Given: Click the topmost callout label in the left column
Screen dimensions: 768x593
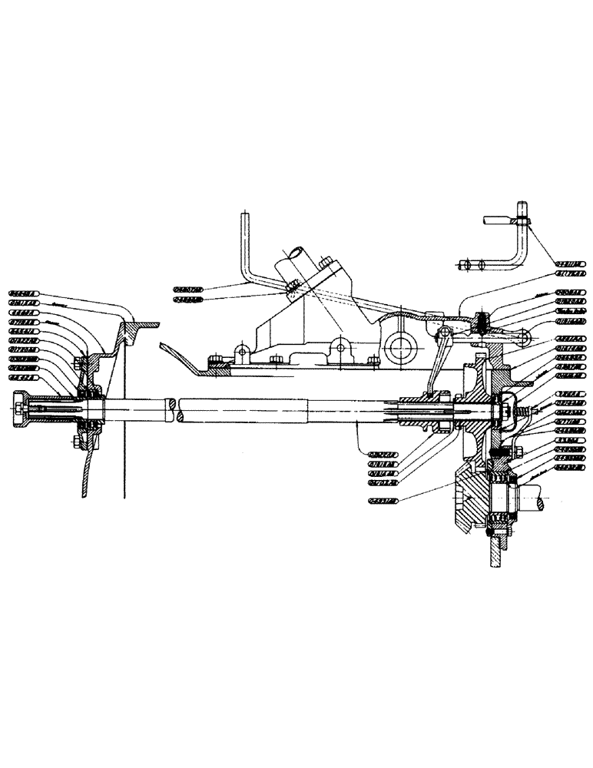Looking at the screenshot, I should (x=24, y=293).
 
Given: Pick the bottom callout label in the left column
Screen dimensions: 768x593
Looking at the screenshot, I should (x=24, y=377).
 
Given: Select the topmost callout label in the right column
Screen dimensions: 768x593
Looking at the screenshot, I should (x=569, y=262).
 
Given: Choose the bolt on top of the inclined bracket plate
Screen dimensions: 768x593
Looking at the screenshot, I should (x=326, y=262).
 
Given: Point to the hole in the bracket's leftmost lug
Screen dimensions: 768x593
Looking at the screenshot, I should (x=241, y=350).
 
